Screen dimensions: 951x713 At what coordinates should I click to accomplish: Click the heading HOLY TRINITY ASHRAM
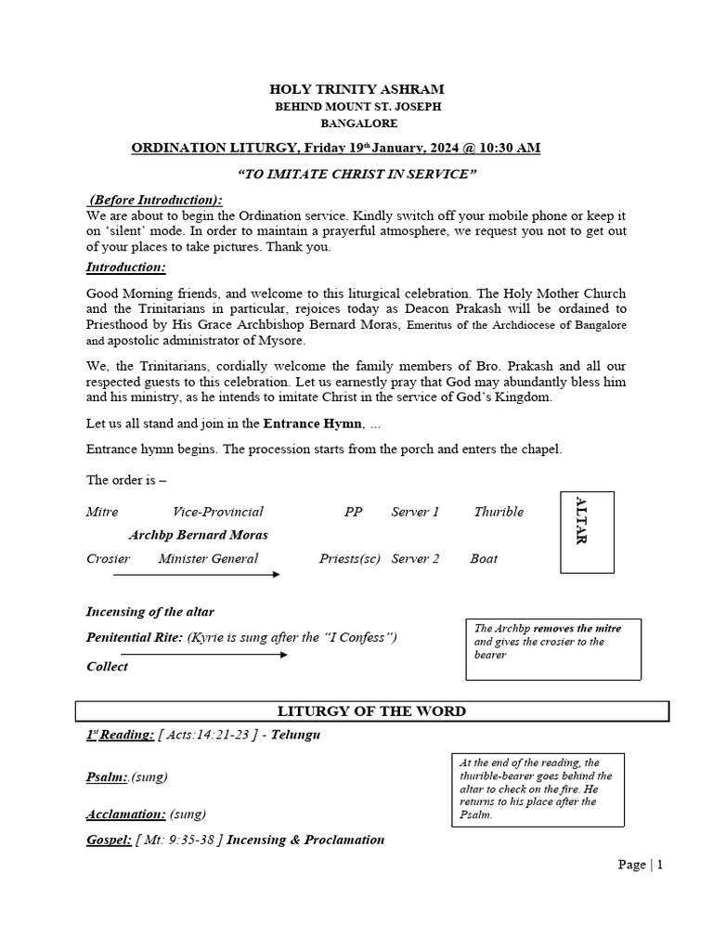click(356, 89)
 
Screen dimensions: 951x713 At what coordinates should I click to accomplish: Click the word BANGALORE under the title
click(358, 123)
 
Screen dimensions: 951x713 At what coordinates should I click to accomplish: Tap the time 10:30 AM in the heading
click(505, 148)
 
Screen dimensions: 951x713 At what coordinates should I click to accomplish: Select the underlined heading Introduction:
click(126, 267)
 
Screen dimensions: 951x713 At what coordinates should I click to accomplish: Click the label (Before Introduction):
click(156, 200)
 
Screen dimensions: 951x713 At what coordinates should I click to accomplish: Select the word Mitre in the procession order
click(102, 512)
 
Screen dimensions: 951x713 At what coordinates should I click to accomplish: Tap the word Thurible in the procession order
click(499, 512)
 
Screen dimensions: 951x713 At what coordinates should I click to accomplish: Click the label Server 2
click(415, 558)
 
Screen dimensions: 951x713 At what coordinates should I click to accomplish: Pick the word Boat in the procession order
click(484, 558)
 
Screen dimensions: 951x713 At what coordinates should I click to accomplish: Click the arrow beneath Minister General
click(196, 575)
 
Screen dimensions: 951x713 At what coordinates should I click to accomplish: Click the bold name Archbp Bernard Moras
click(199, 535)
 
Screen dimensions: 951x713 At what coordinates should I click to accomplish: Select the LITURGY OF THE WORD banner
click(371, 711)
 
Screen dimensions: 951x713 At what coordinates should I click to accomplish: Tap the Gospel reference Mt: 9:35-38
click(177, 840)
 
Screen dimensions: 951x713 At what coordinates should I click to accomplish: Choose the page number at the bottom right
click(641, 865)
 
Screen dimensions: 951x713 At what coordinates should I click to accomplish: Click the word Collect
click(108, 667)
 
